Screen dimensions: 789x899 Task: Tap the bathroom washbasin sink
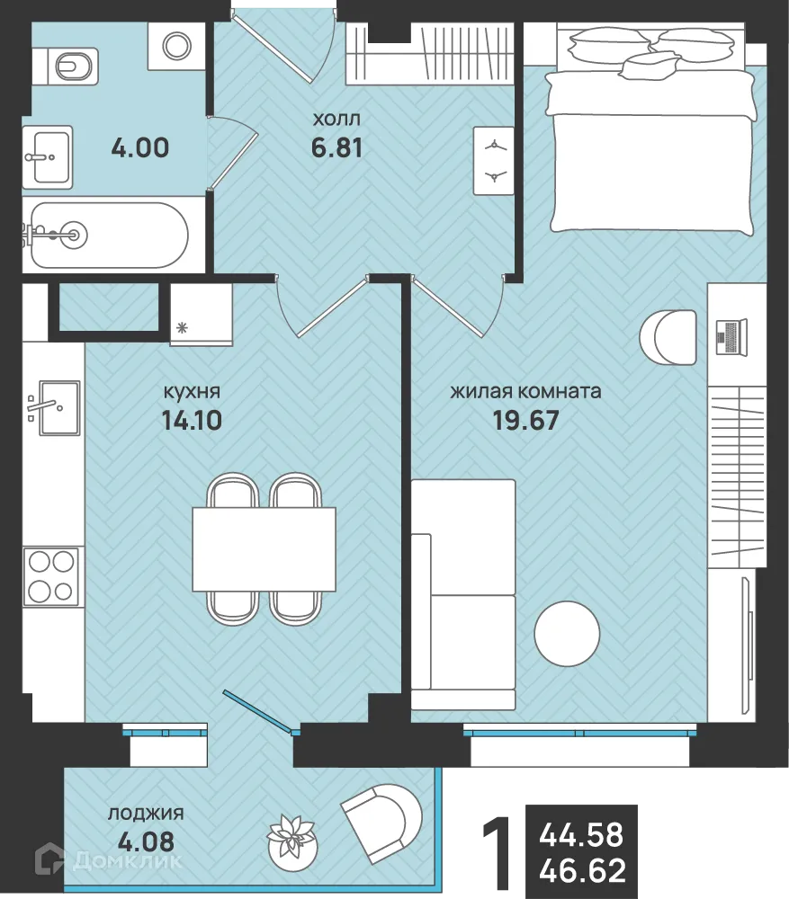tap(48, 156)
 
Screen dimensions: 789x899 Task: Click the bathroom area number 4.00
tap(140, 148)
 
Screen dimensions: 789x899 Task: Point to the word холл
tap(336, 120)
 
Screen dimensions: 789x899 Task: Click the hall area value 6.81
tap(336, 148)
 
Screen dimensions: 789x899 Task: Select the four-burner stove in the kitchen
tap(49, 575)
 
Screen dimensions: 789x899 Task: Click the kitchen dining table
tap(264, 548)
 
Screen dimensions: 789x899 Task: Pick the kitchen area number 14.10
tap(192, 421)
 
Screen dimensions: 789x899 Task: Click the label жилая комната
tap(525, 392)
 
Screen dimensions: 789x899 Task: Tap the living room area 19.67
tap(525, 421)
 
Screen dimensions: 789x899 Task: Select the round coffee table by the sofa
tap(567, 634)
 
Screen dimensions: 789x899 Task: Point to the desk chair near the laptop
tap(668, 338)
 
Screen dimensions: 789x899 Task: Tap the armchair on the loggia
tap(381, 821)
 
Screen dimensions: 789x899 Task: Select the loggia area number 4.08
tap(146, 843)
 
